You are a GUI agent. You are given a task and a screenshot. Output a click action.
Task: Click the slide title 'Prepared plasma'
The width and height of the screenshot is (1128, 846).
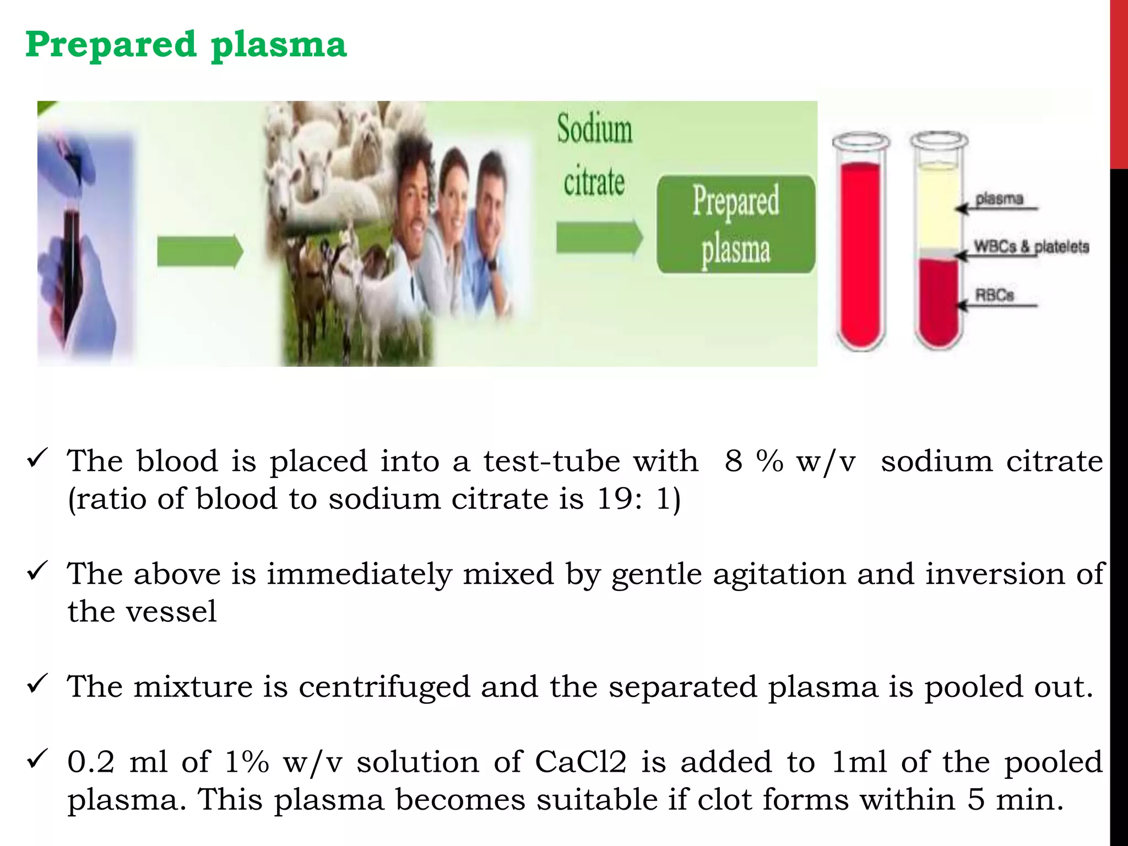(x=186, y=45)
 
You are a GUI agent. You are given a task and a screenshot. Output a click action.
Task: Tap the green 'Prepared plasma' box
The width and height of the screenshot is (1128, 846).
(x=736, y=224)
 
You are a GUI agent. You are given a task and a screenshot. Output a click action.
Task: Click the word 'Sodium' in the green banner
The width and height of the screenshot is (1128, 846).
(x=594, y=129)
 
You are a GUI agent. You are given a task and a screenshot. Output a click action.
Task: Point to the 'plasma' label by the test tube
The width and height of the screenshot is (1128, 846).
(x=999, y=199)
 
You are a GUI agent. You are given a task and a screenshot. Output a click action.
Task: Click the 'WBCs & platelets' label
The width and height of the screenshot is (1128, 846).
(x=1031, y=246)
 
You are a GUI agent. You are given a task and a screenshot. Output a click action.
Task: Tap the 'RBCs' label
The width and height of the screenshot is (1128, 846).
(x=994, y=295)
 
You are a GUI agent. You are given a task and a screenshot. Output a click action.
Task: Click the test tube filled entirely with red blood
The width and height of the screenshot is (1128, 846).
(x=860, y=248)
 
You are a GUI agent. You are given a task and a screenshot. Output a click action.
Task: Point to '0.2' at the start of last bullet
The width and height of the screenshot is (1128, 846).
(x=91, y=762)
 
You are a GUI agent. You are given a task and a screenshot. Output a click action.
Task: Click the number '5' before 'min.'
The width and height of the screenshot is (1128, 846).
(x=975, y=800)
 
